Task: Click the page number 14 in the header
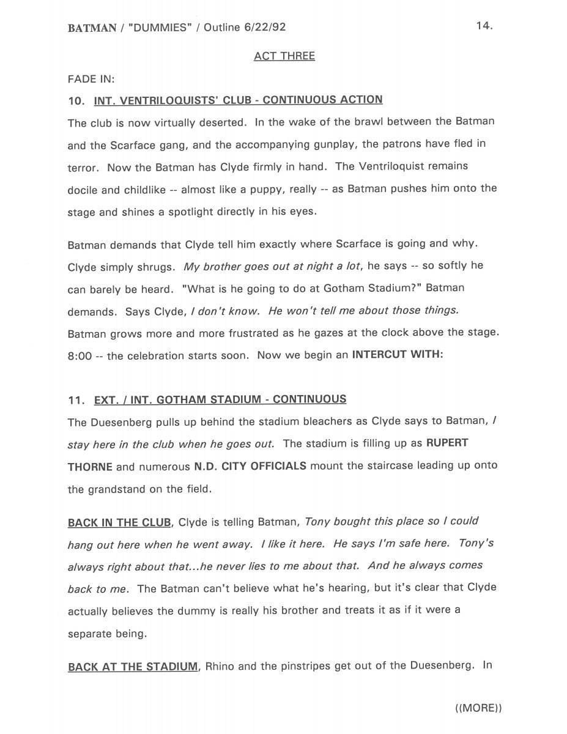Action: click(x=484, y=26)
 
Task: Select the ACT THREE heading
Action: click(x=284, y=56)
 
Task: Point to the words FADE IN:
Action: click(x=91, y=79)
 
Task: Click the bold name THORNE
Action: click(x=90, y=467)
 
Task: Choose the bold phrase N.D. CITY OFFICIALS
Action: click(x=250, y=466)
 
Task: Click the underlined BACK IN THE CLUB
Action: click(x=119, y=522)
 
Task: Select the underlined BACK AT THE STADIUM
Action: click(x=133, y=667)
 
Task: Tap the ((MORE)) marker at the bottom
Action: click(x=478, y=708)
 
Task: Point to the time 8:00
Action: click(x=80, y=356)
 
